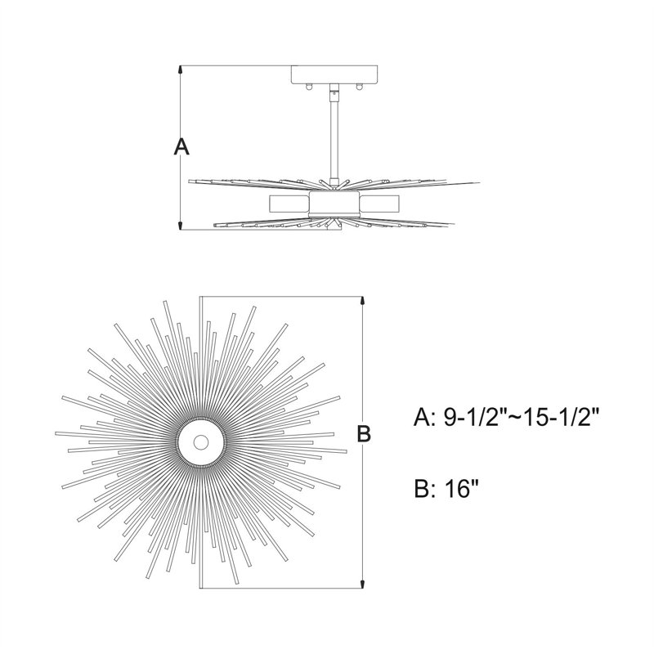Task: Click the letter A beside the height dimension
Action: [x=181, y=147]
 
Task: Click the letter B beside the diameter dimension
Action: [x=364, y=433]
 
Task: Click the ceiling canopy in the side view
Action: [x=334, y=74]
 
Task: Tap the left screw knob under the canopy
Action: [x=309, y=87]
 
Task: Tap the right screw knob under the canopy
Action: [x=358, y=87]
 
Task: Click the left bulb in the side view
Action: [x=289, y=204]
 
